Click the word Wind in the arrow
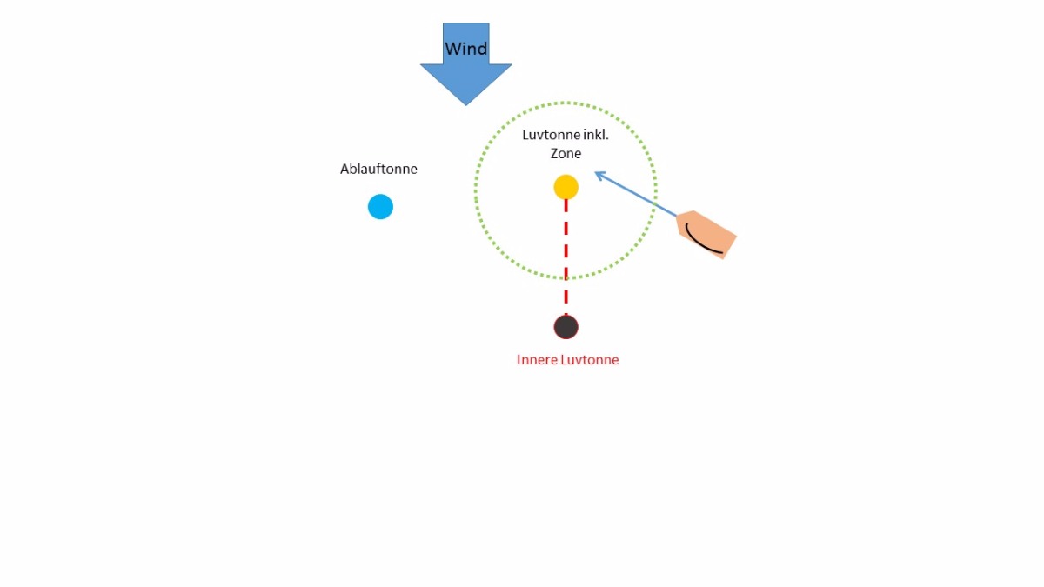pyautogui.click(x=466, y=49)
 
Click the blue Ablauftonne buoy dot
pyautogui.click(x=380, y=207)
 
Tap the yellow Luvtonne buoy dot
pyautogui.click(x=565, y=187)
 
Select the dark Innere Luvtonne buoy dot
pyautogui.click(x=565, y=327)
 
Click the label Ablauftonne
pyautogui.click(x=378, y=169)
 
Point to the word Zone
pyautogui.click(x=565, y=154)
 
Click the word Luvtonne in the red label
pyautogui.click(x=590, y=360)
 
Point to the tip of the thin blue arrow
pyautogui.click(x=596, y=172)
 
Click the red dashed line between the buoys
pyautogui.click(x=565, y=261)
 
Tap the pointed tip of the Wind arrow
pyautogui.click(x=466, y=103)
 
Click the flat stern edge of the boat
pyautogui.click(x=729, y=247)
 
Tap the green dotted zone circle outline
pyautogui.click(x=476, y=191)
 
